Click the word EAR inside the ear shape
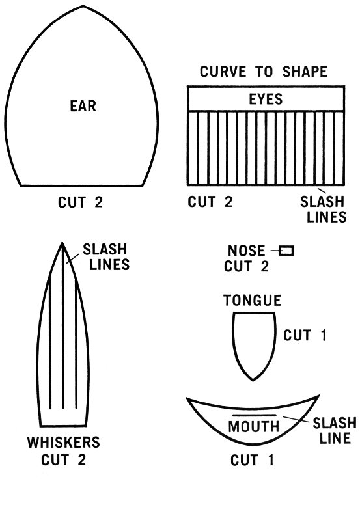pos(83,106)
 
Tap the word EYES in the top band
pos(266,99)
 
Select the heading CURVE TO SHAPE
pos(264,72)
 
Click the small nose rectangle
pos(286,251)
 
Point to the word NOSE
pos(246,251)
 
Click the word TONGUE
pos(253,300)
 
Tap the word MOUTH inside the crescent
pos(254,426)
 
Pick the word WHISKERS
pos(64,442)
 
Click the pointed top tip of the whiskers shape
pos(62,243)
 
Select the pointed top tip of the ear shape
pos(83,6)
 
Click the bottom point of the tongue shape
pos(253,380)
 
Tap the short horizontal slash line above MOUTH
pos(255,415)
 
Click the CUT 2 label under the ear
pos(80,202)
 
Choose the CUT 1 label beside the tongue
pos(305,335)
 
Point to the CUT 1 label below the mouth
pos(252,460)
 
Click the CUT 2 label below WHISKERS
pos(64,459)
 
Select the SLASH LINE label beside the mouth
pos(335,430)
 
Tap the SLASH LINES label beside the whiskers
pos(106,256)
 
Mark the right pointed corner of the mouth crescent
pos(319,395)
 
